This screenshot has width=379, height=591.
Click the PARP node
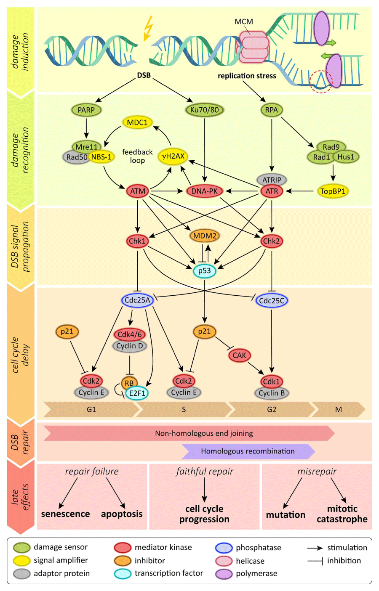point(86,110)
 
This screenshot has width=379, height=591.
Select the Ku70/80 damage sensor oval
point(204,110)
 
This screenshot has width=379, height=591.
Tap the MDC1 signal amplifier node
point(137,122)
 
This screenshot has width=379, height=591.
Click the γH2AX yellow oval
point(173,156)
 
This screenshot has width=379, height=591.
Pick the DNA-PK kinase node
point(204,191)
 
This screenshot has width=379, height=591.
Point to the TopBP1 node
point(333,191)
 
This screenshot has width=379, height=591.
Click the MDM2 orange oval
point(205,236)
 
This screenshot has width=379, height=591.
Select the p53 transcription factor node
point(205,270)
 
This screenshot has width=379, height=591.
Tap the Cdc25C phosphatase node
point(272,301)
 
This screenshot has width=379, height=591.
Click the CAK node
point(239,355)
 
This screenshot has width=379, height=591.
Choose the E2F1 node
point(137,393)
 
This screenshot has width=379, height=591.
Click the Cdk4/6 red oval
point(130,334)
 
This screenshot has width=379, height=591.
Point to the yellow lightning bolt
point(148,29)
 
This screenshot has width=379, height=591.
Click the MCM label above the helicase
point(244,21)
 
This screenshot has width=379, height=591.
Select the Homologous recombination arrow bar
point(248,451)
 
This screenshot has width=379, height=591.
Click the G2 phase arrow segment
point(272,409)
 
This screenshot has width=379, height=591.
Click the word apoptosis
point(122,514)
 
